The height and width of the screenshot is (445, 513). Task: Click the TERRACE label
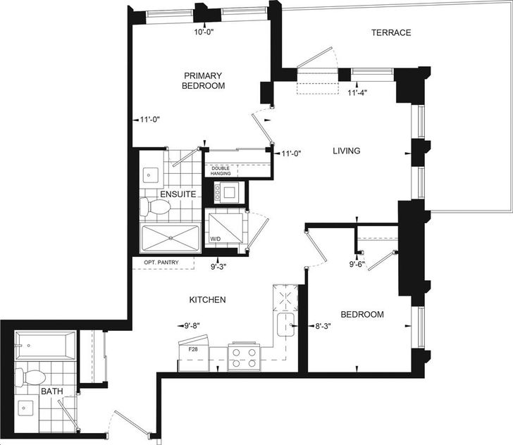click(391, 32)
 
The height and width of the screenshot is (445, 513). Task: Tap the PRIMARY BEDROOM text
click(203, 81)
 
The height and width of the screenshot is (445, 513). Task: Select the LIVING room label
click(347, 151)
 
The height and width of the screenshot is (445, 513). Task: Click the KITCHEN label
click(207, 300)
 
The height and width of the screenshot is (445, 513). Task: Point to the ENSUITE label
click(178, 194)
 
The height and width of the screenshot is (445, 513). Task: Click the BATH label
click(52, 391)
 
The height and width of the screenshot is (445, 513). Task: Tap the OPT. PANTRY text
click(161, 262)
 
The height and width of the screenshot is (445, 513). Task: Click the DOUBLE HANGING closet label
click(221, 171)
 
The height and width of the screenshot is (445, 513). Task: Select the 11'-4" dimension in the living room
click(357, 93)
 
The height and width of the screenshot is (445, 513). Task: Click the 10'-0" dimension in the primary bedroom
click(204, 32)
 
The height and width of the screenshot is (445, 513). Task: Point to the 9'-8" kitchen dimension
click(192, 326)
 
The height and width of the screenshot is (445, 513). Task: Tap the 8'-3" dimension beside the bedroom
click(323, 326)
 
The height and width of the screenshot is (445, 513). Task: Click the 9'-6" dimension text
click(357, 264)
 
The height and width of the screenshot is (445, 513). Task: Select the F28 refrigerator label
click(193, 349)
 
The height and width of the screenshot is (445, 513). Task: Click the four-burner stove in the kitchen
click(244, 357)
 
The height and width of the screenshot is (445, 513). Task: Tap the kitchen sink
click(285, 325)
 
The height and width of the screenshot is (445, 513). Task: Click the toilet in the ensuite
click(155, 207)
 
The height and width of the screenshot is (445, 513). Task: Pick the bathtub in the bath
click(46, 346)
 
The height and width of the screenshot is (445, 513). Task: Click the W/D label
click(216, 239)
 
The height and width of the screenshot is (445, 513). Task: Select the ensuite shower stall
click(170, 238)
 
